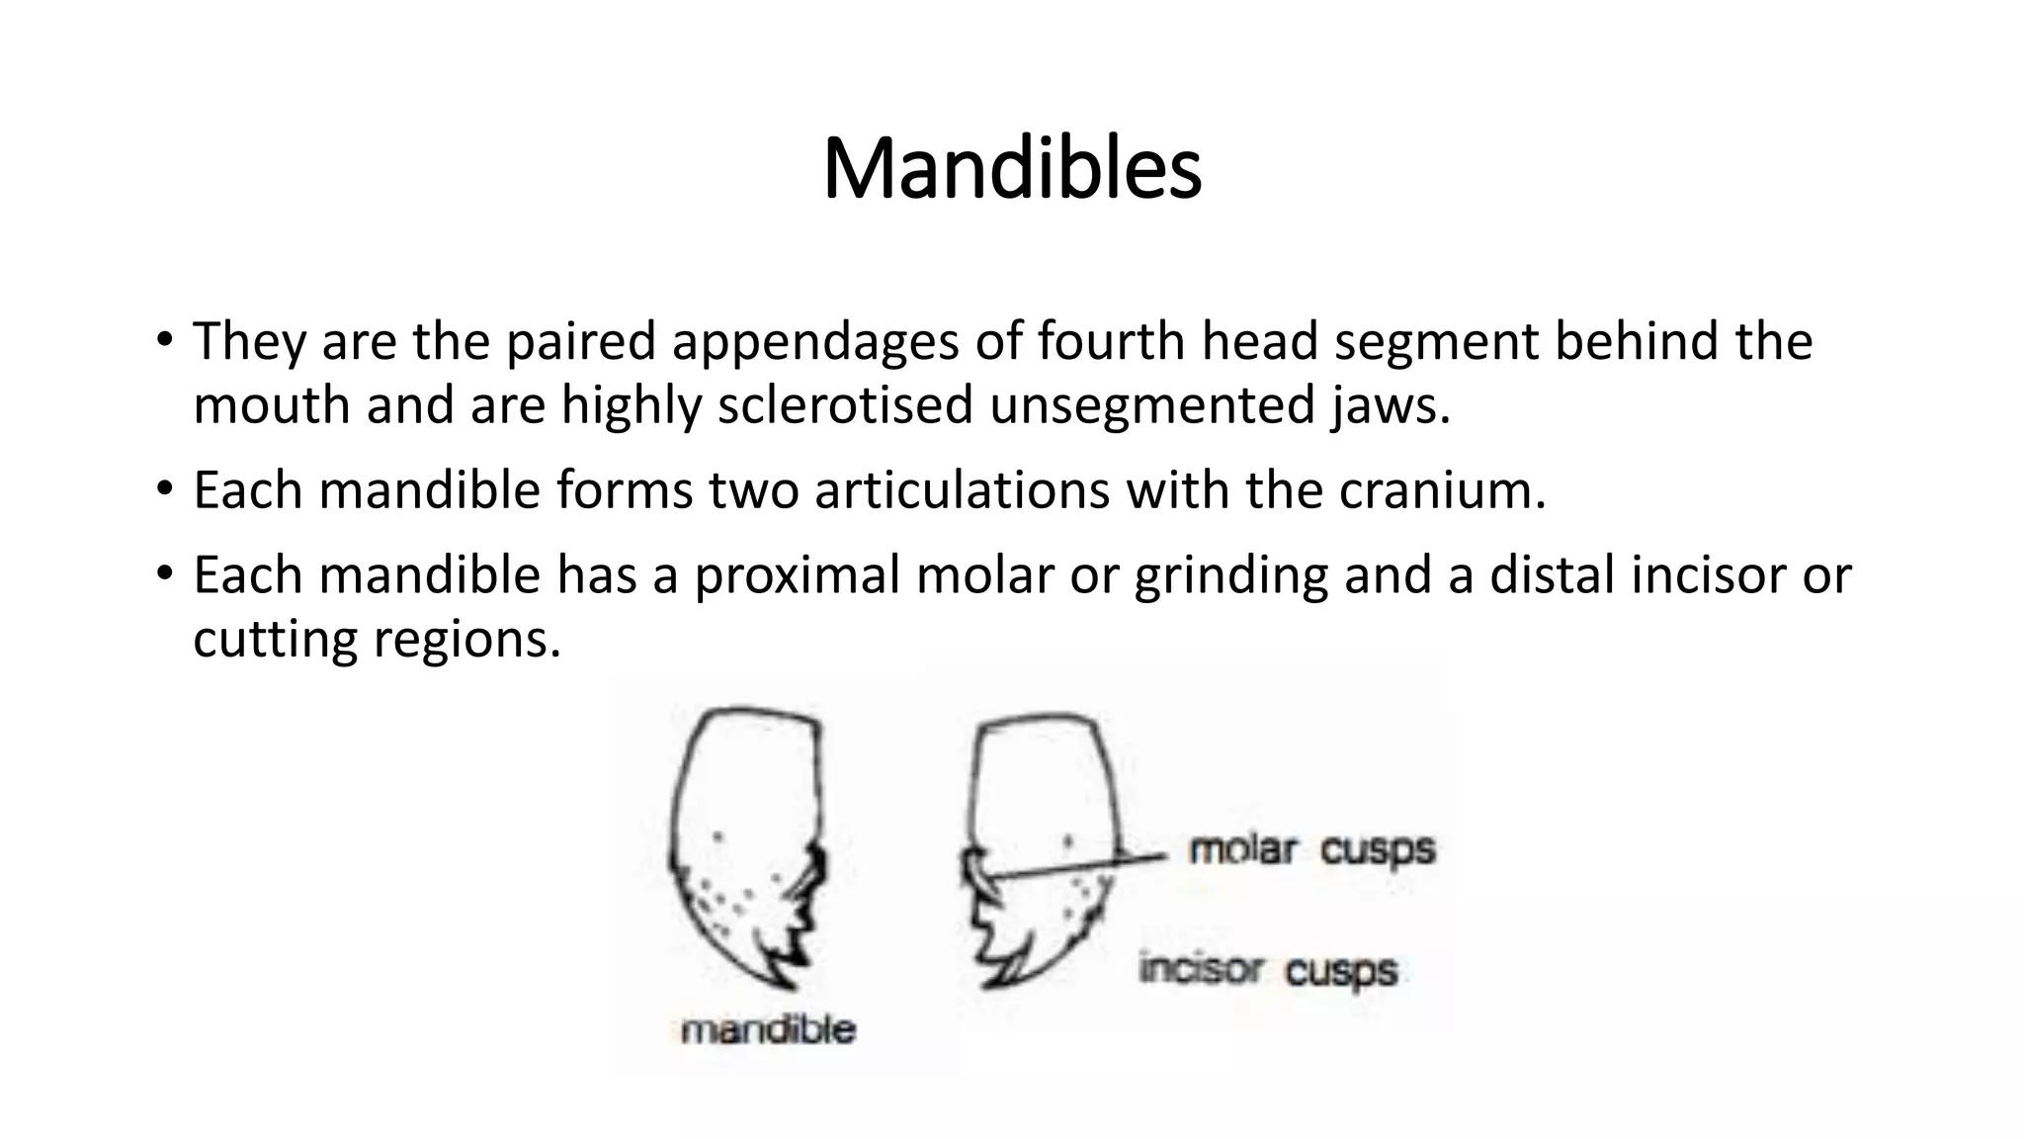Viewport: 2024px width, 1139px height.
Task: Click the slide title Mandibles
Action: [x=1012, y=168]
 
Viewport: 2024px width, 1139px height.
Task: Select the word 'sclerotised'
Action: [x=845, y=405]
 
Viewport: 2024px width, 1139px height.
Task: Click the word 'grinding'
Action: [x=1230, y=575]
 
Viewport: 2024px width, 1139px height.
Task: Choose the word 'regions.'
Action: [x=467, y=640]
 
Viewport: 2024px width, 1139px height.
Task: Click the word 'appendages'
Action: [x=816, y=341]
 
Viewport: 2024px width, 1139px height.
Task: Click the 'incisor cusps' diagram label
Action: [x=1268, y=970]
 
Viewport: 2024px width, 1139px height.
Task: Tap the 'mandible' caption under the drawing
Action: [x=768, y=1030]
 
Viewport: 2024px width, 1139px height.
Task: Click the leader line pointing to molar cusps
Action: [x=1077, y=866]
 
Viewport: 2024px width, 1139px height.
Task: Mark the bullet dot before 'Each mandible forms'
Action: [x=164, y=488]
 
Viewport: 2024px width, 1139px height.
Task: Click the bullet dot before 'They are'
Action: [x=164, y=339]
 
